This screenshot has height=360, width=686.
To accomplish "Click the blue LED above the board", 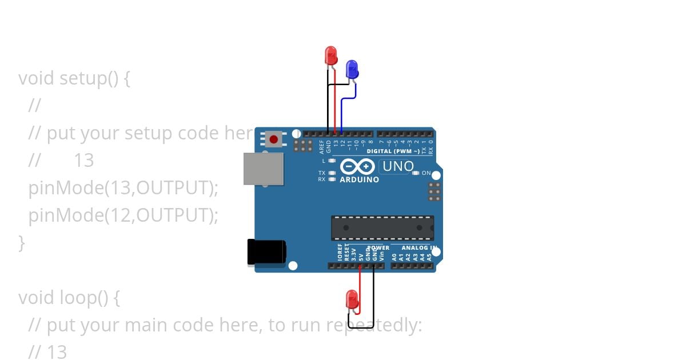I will (352, 69).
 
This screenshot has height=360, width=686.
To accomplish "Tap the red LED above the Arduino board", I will (331, 55).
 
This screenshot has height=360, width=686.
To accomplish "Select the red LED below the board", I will (352, 299).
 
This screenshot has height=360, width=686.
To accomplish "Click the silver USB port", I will (264, 169).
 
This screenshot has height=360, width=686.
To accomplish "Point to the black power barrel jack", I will (266, 252).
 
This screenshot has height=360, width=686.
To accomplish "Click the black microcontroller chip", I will (382, 228).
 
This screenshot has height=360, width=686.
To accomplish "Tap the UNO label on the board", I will (397, 166).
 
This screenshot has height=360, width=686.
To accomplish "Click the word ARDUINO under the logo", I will (359, 179).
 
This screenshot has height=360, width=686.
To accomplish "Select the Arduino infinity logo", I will (358, 166).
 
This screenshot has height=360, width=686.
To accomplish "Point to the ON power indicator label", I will (426, 173).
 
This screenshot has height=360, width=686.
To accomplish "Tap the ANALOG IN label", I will (419, 248).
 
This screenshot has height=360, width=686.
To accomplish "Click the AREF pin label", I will (322, 147).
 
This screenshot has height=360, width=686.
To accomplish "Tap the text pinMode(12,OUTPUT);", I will (123, 215).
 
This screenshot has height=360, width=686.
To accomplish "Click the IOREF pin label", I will (340, 254).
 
